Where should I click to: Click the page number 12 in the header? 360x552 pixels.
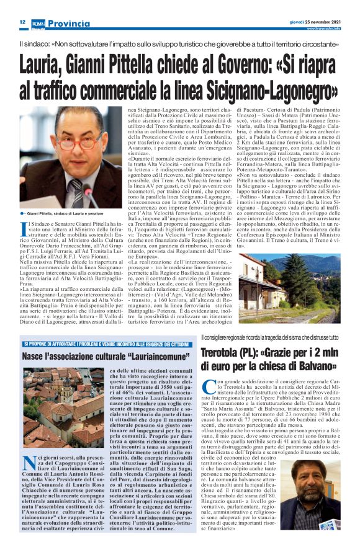click(x=22, y=22)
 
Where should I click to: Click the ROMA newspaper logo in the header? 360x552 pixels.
click(x=39, y=22)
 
